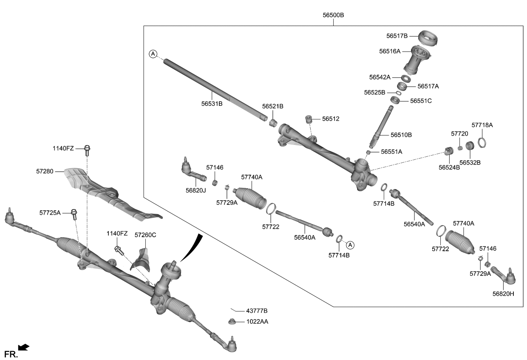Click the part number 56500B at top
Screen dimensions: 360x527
333,15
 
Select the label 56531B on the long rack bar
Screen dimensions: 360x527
212,103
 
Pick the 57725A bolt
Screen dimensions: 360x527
74,213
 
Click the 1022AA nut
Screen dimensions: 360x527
233,321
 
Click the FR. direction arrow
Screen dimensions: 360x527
24,348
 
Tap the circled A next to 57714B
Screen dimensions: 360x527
350,244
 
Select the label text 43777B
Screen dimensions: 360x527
257,311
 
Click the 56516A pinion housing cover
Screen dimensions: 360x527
417,60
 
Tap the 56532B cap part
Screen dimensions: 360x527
470,147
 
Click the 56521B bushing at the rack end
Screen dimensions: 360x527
274,123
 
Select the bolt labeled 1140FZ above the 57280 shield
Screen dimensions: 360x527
88,149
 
